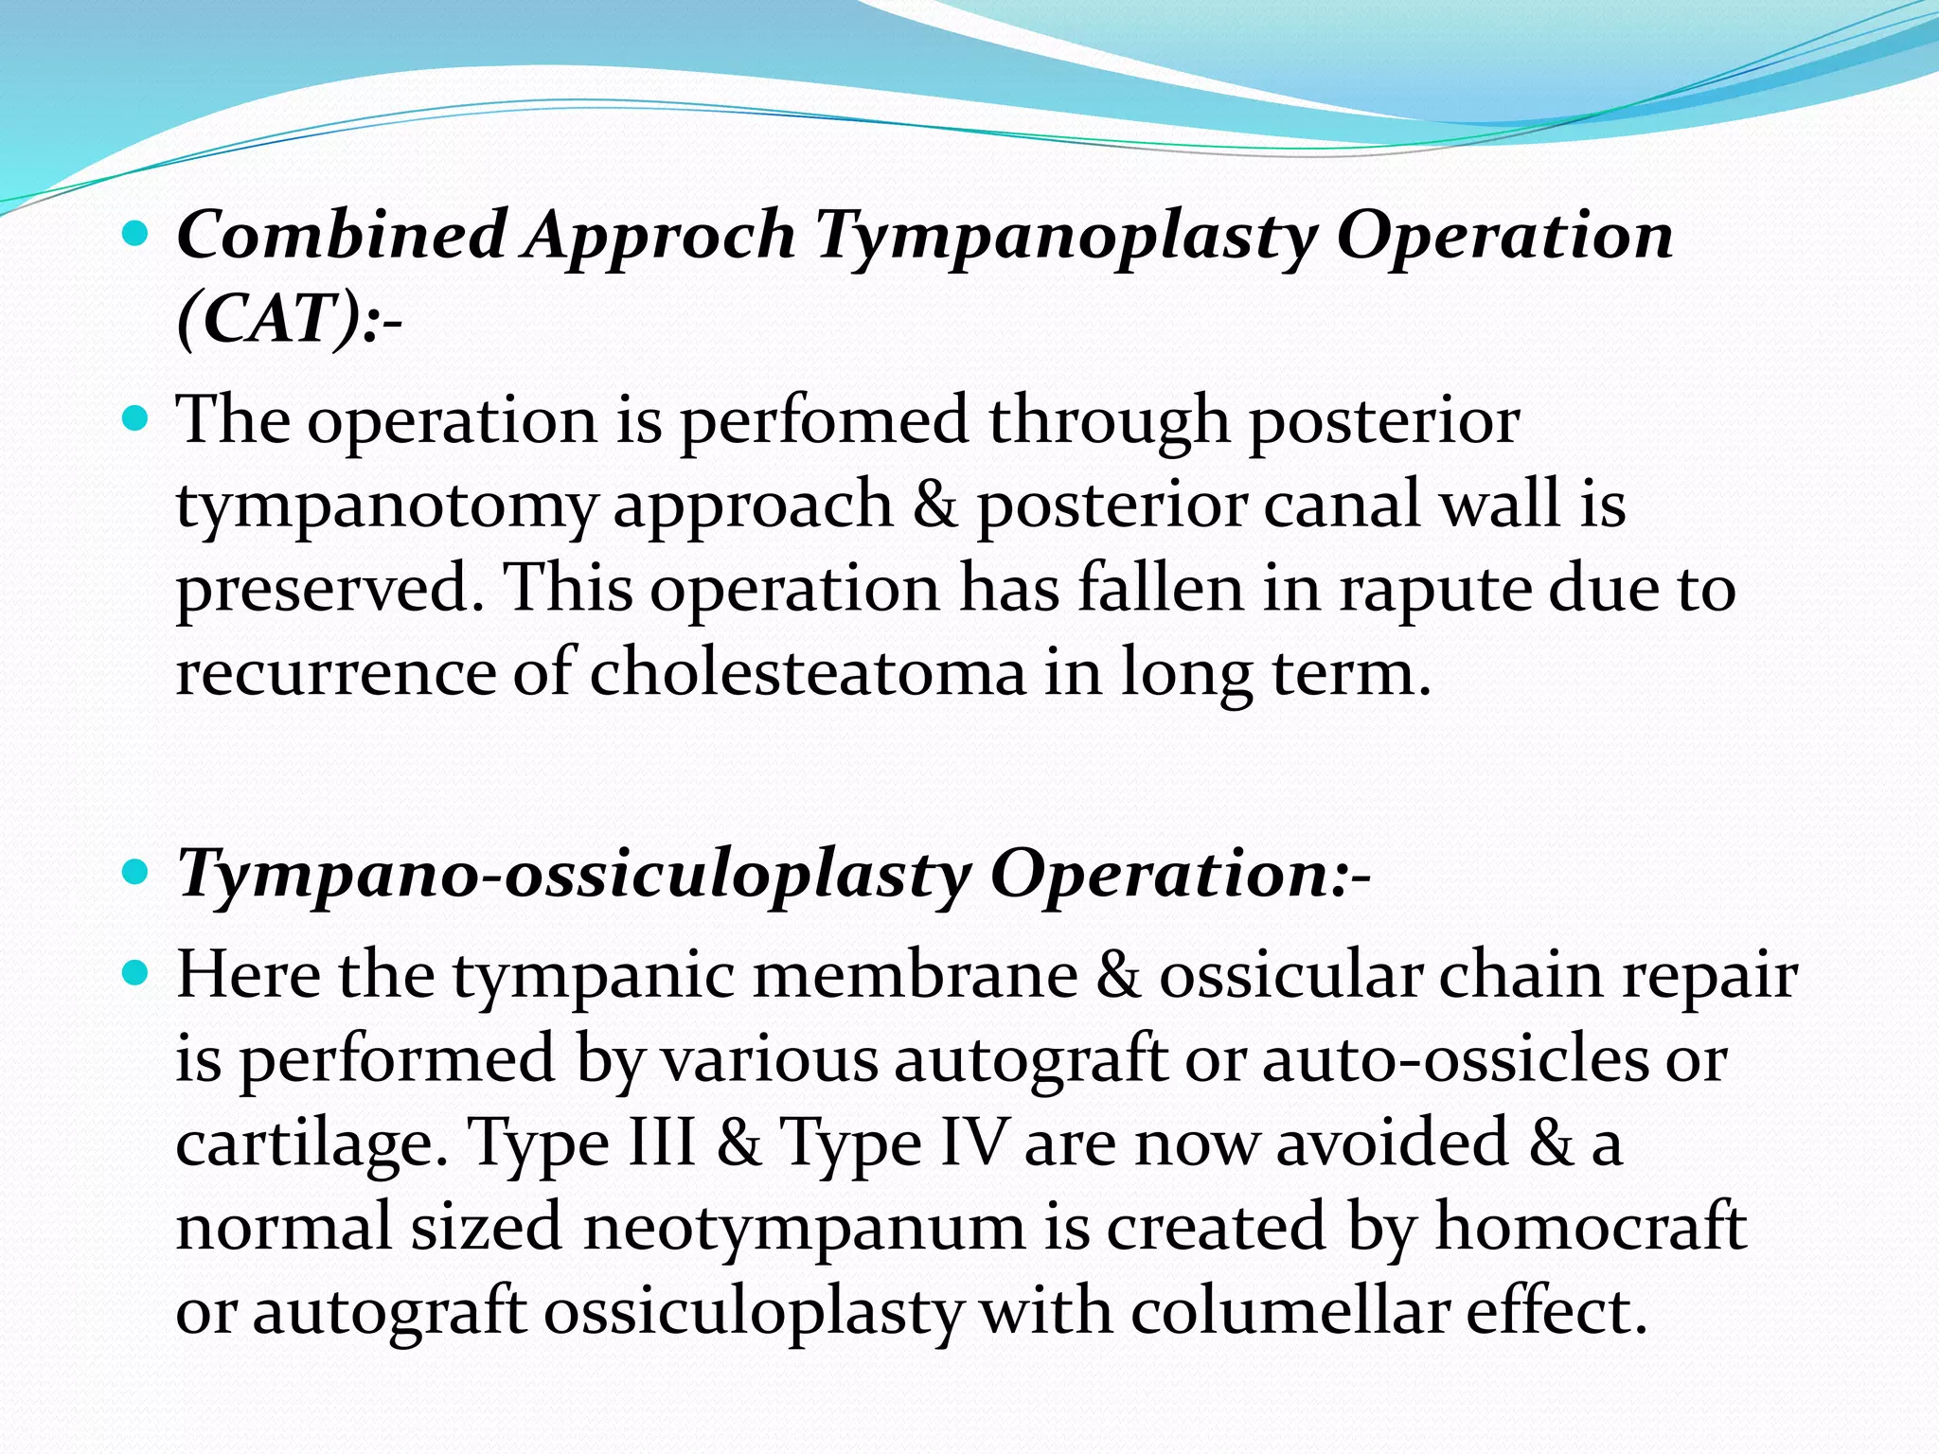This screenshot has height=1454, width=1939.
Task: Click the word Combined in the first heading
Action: pos(341,235)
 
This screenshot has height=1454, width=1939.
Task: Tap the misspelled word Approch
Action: pos(661,237)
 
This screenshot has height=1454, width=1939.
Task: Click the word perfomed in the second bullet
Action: pos(825,419)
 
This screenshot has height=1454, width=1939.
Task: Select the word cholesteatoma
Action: pos(808,673)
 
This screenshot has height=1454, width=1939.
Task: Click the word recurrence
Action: pos(335,673)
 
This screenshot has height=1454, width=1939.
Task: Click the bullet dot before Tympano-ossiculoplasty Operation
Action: pos(137,870)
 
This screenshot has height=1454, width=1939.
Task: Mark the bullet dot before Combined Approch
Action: pos(137,231)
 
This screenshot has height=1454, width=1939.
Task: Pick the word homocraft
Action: pos(1591,1226)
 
